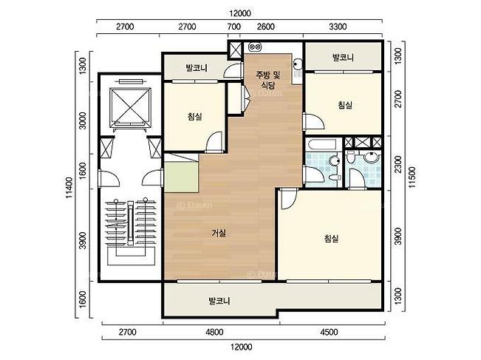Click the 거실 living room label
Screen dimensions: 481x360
coord(219,234)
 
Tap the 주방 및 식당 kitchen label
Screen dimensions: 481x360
coord(268,80)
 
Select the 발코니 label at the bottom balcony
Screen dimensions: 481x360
coord(219,301)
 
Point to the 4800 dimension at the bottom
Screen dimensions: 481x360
coord(214,332)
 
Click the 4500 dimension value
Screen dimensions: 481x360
coord(329,332)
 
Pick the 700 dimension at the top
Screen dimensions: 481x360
coord(233,27)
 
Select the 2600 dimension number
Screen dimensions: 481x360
coord(266,27)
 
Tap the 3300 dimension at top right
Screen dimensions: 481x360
coord(338,27)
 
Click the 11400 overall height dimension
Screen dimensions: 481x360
coord(69,188)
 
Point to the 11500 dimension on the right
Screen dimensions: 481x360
coord(412,177)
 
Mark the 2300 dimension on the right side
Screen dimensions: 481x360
coord(398,164)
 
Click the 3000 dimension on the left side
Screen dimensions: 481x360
coord(82,120)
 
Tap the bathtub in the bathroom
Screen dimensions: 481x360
coord(324,144)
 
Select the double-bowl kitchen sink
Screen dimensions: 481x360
coord(255,47)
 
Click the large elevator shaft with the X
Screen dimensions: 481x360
coord(130,106)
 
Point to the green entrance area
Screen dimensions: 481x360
coord(181,177)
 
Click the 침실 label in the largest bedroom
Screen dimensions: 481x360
coord(331,238)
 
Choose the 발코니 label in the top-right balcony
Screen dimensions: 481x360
coord(343,57)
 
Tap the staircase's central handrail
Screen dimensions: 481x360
coord(130,224)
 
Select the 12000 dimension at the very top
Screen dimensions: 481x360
coord(240,13)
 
